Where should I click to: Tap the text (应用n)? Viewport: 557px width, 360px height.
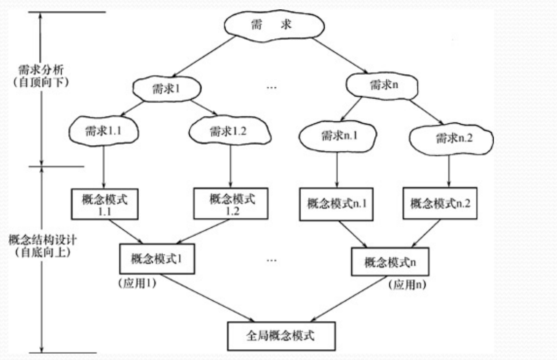click(405, 284)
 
